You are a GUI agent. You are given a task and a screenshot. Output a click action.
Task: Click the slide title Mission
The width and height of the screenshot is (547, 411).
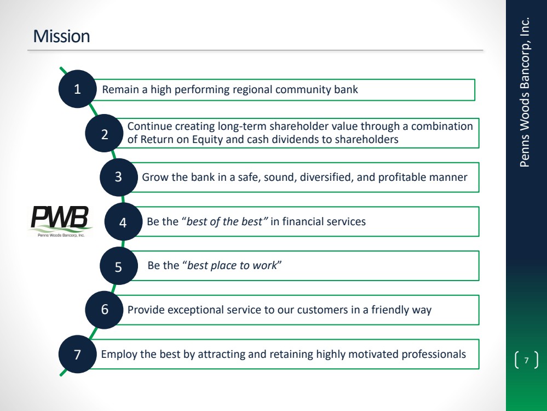pyautogui.click(x=61, y=37)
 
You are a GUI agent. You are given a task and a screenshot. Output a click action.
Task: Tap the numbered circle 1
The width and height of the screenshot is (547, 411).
pyautogui.click(x=78, y=89)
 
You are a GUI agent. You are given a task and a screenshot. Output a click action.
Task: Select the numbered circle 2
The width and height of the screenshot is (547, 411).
pyautogui.click(x=105, y=133)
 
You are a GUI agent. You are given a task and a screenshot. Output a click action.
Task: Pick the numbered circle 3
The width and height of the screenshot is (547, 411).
pyautogui.click(x=119, y=178)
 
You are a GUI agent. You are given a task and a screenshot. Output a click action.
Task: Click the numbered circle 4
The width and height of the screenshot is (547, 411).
pyautogui.click(x=123, y=222)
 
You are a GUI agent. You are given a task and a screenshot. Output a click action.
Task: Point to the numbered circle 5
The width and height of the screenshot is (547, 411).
pyautogui.click(x=118, y=267)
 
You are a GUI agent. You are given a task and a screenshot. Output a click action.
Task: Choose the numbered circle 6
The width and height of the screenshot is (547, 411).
pyautogui.click(x=105, y=310)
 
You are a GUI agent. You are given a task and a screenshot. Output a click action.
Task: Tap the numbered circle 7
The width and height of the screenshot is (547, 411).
pyautogui.click(x=78, y=355)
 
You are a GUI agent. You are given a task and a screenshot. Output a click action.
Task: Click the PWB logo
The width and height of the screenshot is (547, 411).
pyautogui.click(x=61, y=220)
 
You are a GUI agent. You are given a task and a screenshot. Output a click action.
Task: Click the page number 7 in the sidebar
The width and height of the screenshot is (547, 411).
pyautogui.click(x=526, y=360)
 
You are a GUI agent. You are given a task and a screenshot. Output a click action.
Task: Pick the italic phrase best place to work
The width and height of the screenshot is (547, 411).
pyautogui.click(x=232, y=266)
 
